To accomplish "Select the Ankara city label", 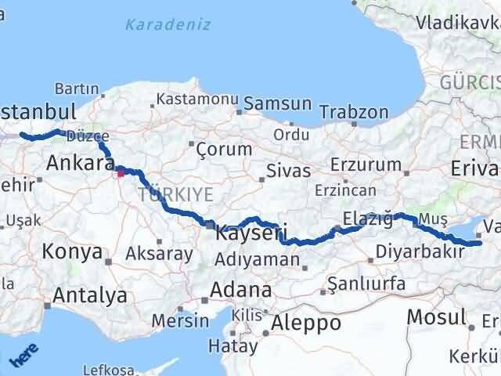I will coord(81,163).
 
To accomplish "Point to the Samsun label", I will coord(278,103).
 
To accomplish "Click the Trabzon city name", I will coord(354,112).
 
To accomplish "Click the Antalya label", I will coord(90,296).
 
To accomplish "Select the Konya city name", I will coord(72,252).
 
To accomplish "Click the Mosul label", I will coord(436,316).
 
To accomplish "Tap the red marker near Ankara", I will coord(121,172).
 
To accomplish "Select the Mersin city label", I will coord(180,320).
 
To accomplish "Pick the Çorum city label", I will coord(224,149).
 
